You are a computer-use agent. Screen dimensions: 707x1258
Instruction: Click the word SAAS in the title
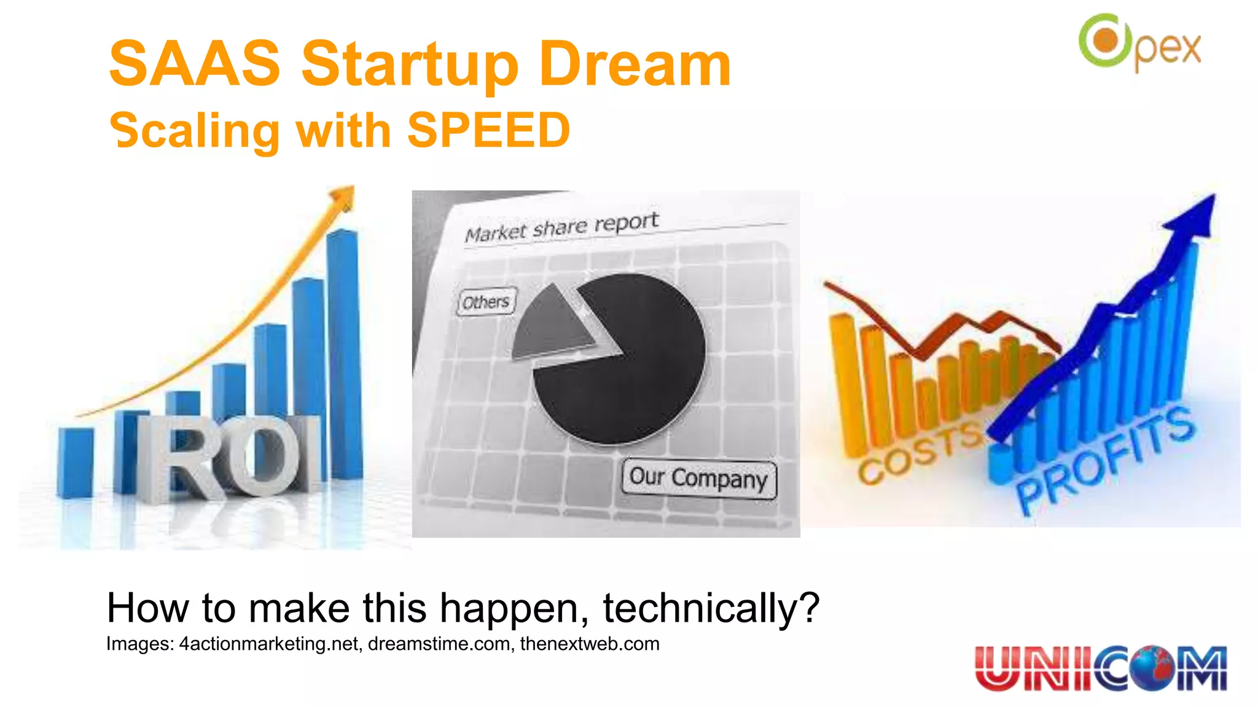click(194, 63)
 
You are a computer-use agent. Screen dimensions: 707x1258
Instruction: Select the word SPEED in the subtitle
click(488, 130)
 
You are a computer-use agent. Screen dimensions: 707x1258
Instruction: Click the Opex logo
click(1139, 43)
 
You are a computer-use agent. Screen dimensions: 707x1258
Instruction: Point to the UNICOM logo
click(1100, 668)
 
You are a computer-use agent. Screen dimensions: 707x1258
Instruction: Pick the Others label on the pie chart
click(486, 302)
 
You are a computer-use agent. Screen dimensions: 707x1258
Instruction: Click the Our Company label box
click(698, 477)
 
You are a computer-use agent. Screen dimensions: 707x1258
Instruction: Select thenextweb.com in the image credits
click(590, 644)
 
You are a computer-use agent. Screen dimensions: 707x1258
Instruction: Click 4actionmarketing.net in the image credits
click(268, 644)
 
